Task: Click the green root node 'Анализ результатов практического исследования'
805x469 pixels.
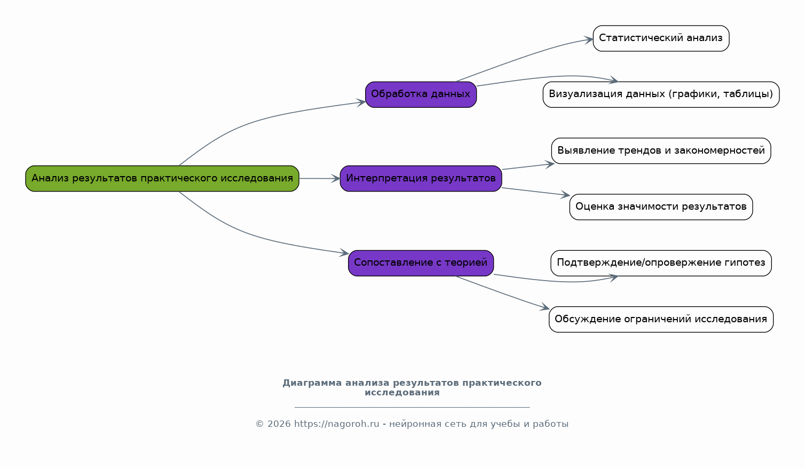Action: (x=162, y=178)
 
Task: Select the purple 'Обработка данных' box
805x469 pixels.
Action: (x=421, y=94)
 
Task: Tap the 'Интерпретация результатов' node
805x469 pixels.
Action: (x=421, y=178)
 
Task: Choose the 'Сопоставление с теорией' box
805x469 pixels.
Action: (x=421, y=263)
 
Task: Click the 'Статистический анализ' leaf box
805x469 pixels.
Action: (x=661, y=38)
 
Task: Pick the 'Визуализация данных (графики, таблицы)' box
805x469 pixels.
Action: (x=661, y=94)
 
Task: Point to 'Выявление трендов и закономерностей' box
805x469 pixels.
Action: (x=661, y=150)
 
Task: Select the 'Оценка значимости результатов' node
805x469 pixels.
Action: (x=661, y=206)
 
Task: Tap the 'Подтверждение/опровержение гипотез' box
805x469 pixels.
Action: (x=661, y=263)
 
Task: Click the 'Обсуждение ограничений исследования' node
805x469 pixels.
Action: (x=661, y=319)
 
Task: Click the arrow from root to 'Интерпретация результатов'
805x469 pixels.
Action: (x=319, y=178)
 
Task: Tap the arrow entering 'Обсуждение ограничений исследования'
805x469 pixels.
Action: (x=502, y=292)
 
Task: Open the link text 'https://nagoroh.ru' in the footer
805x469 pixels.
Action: (x=336, y=424)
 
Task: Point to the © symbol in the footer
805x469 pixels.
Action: (x=259, y=424)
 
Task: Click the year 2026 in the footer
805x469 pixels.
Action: (x=279, y=424)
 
